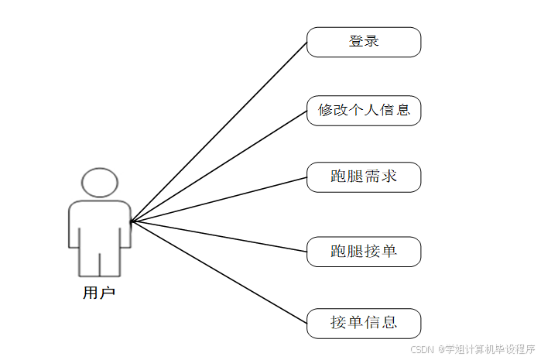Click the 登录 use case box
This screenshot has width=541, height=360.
(364, 42)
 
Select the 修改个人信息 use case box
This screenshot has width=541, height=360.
(364, 110)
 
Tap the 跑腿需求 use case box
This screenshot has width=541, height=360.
(364, 177)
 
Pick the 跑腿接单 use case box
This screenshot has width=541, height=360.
(364, 252)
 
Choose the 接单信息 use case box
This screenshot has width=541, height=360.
(364, 323)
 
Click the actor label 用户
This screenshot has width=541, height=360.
(99, 293)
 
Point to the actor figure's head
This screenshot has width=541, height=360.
(100, 183)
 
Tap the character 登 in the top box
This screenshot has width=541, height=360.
(356, 42)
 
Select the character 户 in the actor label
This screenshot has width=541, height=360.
(107, 293)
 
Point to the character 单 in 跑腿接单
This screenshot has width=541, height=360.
(389, 252)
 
